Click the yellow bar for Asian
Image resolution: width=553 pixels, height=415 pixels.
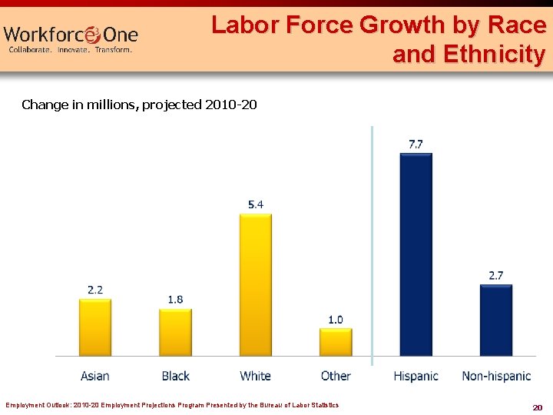click(x=95, y=327)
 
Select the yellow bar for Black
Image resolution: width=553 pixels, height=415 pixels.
click(x=175, y=333)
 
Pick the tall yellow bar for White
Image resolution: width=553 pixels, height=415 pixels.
click(x=255, y=285)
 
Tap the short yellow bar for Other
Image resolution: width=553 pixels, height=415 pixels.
click(x=336, y=343)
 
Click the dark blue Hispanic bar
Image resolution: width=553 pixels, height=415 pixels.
click(x=416, y=254)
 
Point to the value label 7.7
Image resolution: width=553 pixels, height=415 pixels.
click(x=416, y=144)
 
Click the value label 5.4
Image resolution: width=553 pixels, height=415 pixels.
click(x=255, y=204)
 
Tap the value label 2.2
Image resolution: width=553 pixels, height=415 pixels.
click(x=95, y=290)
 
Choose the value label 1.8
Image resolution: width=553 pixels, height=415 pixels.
click(x=175, y=300)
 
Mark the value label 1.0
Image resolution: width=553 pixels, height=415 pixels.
click(x=336, y=320)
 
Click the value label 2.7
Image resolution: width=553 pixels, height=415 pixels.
click(x=496, y=275)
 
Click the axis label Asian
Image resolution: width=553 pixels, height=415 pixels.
click(x=95, y=376)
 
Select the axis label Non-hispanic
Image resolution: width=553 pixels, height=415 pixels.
click(x=496, y=376)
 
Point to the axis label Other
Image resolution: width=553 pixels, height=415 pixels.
click(x=336, y=376)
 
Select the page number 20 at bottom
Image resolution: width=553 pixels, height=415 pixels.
click(x=538, y=407)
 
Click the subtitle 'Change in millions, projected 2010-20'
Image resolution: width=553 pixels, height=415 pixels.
click(x=139, y=105)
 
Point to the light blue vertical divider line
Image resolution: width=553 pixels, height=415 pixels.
click(x=372, y=246)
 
